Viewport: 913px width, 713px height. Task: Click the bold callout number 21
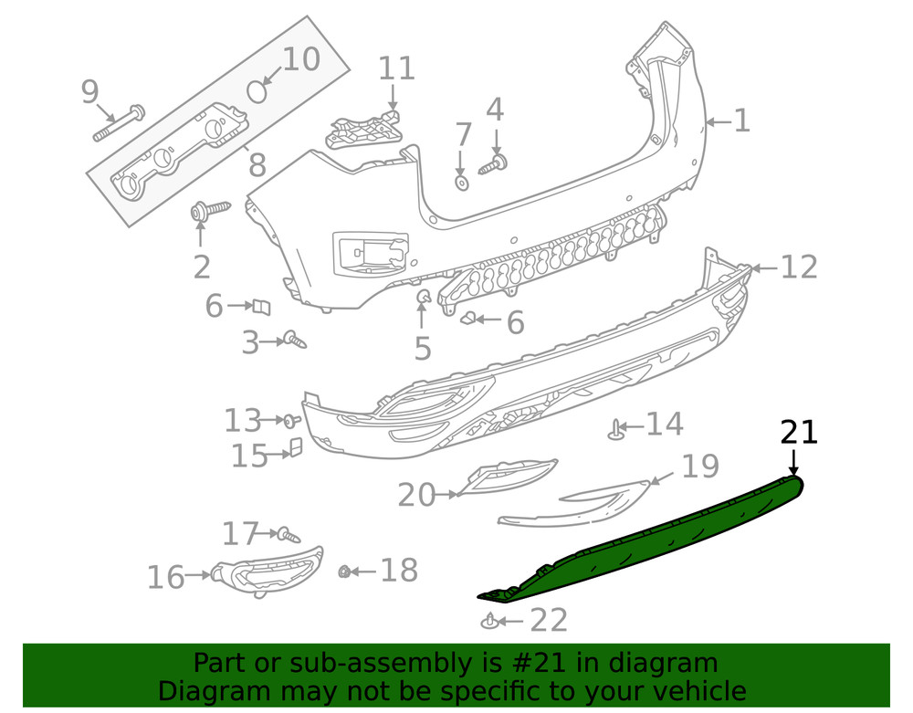pos(799,432)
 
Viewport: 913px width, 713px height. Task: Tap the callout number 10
pos(300,60)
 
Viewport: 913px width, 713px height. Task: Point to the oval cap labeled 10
pos(259,91)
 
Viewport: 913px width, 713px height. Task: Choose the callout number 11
pos(396,68)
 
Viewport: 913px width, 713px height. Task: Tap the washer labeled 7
pos(462,183)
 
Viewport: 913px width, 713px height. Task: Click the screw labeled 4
pos(495,163)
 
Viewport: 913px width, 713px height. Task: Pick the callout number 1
pos(741,121)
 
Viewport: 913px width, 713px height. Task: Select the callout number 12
pos(798,267)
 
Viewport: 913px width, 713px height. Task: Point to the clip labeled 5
pos(424,298)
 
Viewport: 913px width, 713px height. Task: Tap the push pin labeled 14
pos(618,427)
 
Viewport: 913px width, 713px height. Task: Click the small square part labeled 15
pos(296,447)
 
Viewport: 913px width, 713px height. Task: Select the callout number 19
pos(700,467)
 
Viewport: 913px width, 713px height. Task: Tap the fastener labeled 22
pos(491,623)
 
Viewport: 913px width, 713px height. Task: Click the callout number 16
pos(165,577)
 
